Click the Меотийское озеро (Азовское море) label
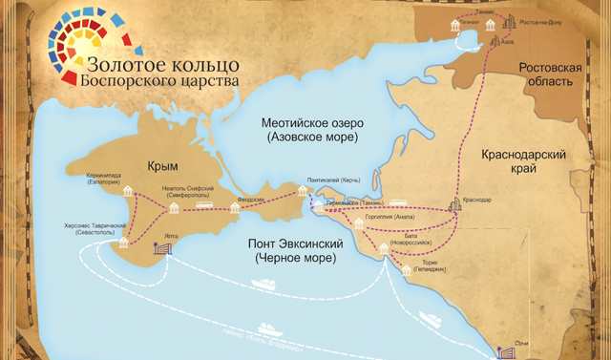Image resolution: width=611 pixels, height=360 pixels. click(310, 131)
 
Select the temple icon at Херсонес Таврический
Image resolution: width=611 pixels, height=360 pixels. click(121, 244)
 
